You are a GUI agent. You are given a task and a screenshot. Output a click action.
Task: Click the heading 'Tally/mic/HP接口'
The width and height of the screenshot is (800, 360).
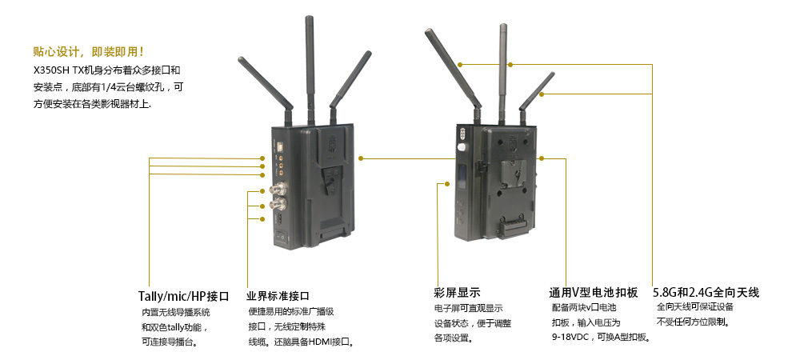pos(184,296)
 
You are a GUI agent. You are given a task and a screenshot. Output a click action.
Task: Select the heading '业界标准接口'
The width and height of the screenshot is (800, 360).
pos(278,296)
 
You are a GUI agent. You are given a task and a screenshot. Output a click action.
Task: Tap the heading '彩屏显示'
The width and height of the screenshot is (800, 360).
pos(457,293)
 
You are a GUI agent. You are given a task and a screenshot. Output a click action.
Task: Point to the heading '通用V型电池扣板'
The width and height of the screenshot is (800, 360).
pos(594,293)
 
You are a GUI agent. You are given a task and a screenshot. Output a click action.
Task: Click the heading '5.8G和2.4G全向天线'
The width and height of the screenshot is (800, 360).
pos(706,293)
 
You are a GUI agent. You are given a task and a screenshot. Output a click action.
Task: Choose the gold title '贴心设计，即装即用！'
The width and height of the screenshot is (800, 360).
pos(88,51)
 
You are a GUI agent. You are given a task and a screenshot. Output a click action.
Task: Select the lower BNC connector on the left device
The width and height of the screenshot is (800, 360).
pos(281,206)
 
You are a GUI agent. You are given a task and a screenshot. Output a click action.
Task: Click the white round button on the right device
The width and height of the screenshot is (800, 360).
pos(462,148)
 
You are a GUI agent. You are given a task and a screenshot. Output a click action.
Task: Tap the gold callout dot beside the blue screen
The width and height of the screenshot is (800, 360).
pos(448,183)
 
